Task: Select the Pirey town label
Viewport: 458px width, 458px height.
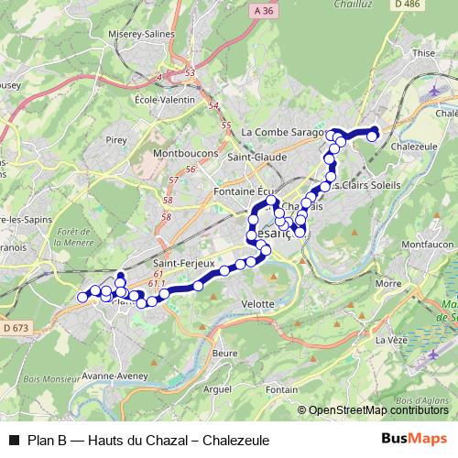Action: tap(115, 140)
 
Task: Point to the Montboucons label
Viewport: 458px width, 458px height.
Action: tap(179, 152)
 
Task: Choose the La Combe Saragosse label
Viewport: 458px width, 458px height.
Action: tap(283, 132)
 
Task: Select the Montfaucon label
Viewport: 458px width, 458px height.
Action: tap(421, 245)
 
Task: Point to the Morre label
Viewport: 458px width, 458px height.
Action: tap(388, 283)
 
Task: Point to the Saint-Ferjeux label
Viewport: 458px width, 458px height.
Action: tap(180, 264)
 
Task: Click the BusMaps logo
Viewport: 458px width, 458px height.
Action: tap(414, 439)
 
